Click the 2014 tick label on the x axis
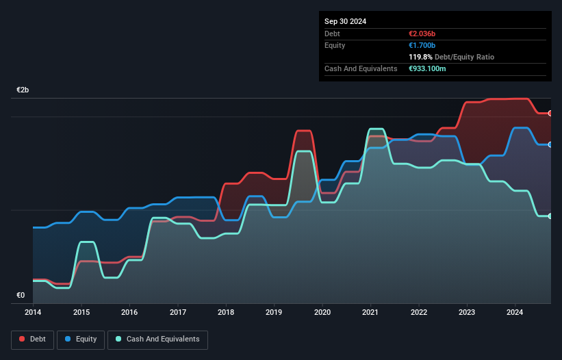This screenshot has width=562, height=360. click(x=33, y=312)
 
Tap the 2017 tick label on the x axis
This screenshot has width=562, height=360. click(x=178, y=312)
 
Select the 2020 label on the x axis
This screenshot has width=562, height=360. click(x=322, y=312)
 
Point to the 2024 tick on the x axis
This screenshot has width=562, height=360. click(x=515, y=312)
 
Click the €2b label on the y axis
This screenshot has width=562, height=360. click(x=23, y=90)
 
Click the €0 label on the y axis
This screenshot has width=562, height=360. click(x=21, y=296)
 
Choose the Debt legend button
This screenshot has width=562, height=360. click(x=32, y=339)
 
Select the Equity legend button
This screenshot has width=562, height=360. click(x=81, y=339)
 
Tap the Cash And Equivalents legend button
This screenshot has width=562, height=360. click(x=157, y=339)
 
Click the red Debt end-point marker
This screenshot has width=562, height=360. click(x=550, y=113)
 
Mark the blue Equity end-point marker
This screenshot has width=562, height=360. click(x=550, y=144)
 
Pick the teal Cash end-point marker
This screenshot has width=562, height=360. click(x=550, y=216)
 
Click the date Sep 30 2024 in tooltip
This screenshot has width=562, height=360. click(x=345, y=21)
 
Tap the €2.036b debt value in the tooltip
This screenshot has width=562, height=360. click(x=425, y=34)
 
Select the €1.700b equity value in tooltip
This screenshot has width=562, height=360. click(x=424, y=45)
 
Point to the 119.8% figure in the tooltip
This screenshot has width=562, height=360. click(x=421, y=57)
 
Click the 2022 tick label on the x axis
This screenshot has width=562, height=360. click(x=419, y=312)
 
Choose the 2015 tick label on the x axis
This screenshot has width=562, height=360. click(x=81, y=312)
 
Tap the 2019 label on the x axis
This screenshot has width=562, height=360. click(x=274, y=312)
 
